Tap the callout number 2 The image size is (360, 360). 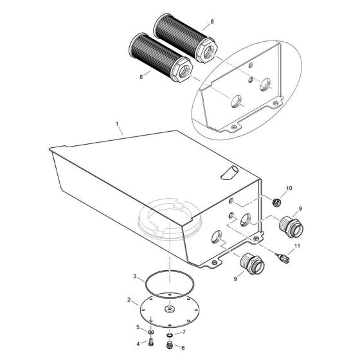130,300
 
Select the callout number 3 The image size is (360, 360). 134,276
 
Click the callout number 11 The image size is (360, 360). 297,246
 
